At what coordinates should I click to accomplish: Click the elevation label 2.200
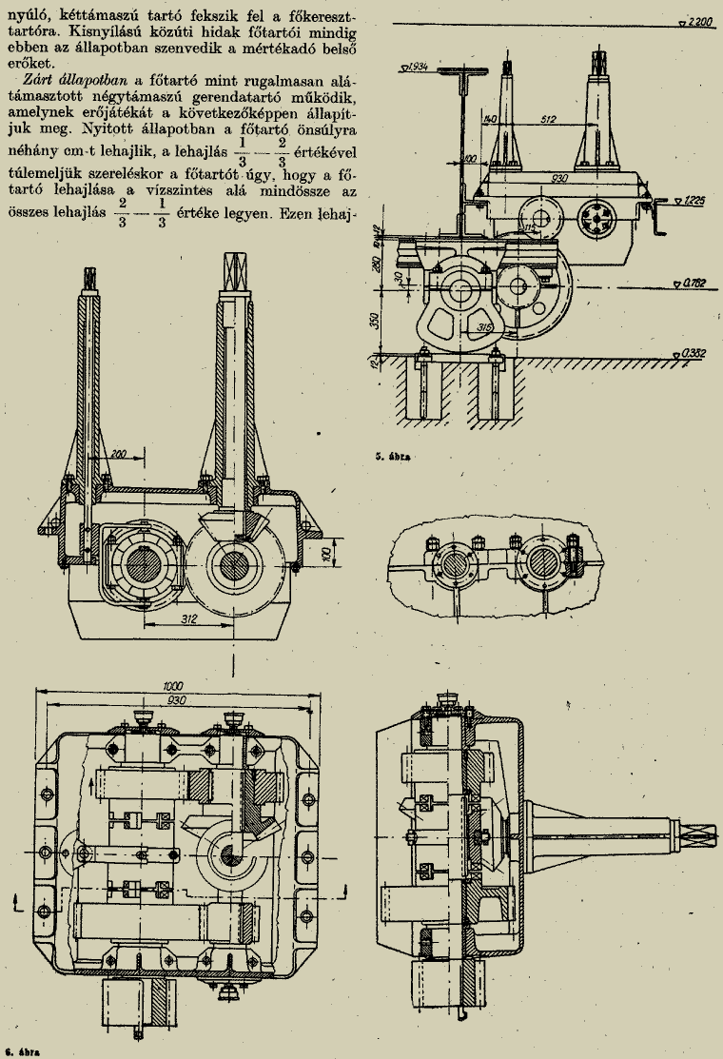(698, 21)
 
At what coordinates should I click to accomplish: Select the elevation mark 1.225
(699, 201)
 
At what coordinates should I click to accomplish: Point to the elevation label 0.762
(698, 283)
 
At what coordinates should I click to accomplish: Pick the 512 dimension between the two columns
(545, 119)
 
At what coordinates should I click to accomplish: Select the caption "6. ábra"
(20, 1051)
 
